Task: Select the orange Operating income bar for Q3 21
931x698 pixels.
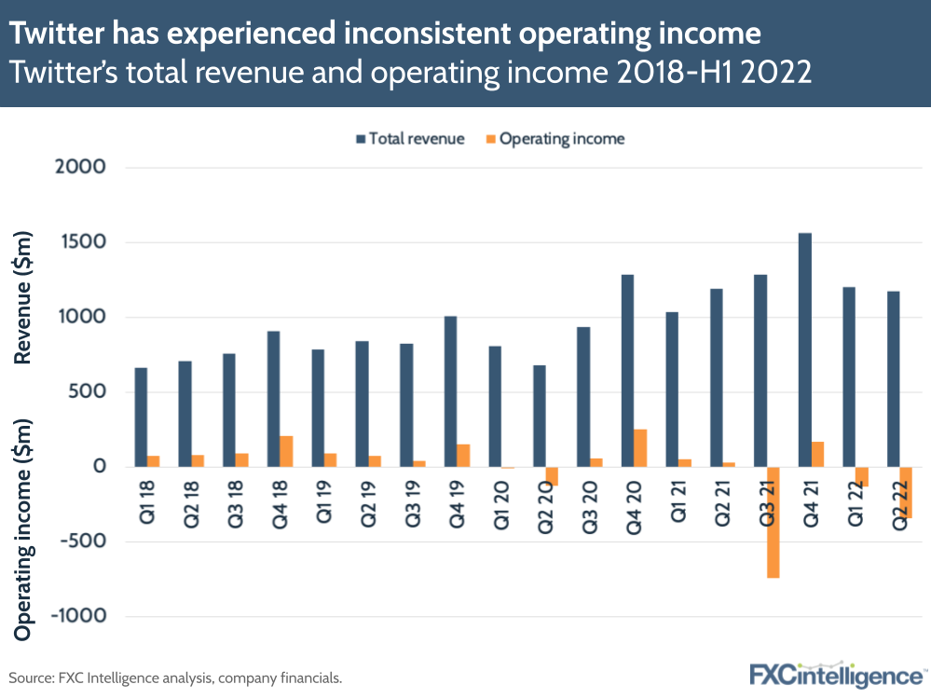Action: (774, 522)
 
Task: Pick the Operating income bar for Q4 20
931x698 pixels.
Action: (640, 447)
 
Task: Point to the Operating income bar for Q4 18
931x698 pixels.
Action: (286, 451)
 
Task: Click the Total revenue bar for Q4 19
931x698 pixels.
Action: (451, 391)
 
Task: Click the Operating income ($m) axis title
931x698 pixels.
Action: (25, 528)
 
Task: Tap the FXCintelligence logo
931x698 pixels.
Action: (837, 675)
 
